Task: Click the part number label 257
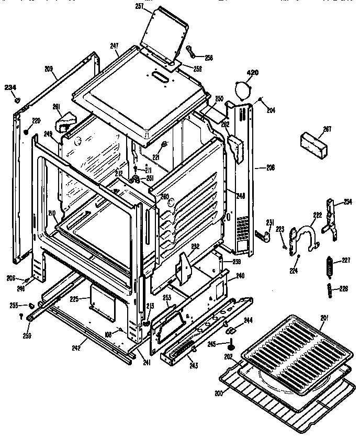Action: click(139, 6)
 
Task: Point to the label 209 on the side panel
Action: click(49, 68)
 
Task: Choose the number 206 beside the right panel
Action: click(270, 168)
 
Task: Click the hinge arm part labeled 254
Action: click(329, 216)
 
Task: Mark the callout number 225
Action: click(74, 299)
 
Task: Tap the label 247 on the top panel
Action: click(115, 46)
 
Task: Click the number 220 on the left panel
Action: click(36, 120)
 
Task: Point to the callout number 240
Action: click(240, 275)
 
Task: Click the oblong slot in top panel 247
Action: click(161, 77)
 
